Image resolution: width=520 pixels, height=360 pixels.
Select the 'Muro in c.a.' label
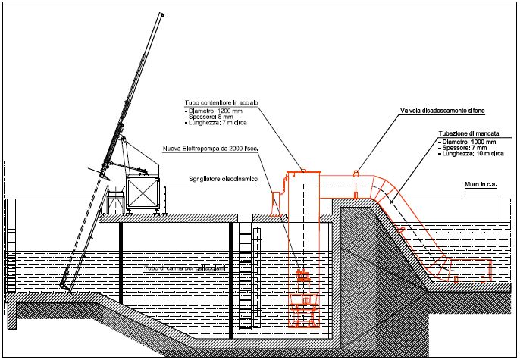point(481,184)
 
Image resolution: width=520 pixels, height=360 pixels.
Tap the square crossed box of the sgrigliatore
point(143,193)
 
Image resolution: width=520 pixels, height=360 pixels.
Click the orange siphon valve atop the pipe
point(355,173)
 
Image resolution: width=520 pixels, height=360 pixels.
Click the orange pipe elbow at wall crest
point(379,186)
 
